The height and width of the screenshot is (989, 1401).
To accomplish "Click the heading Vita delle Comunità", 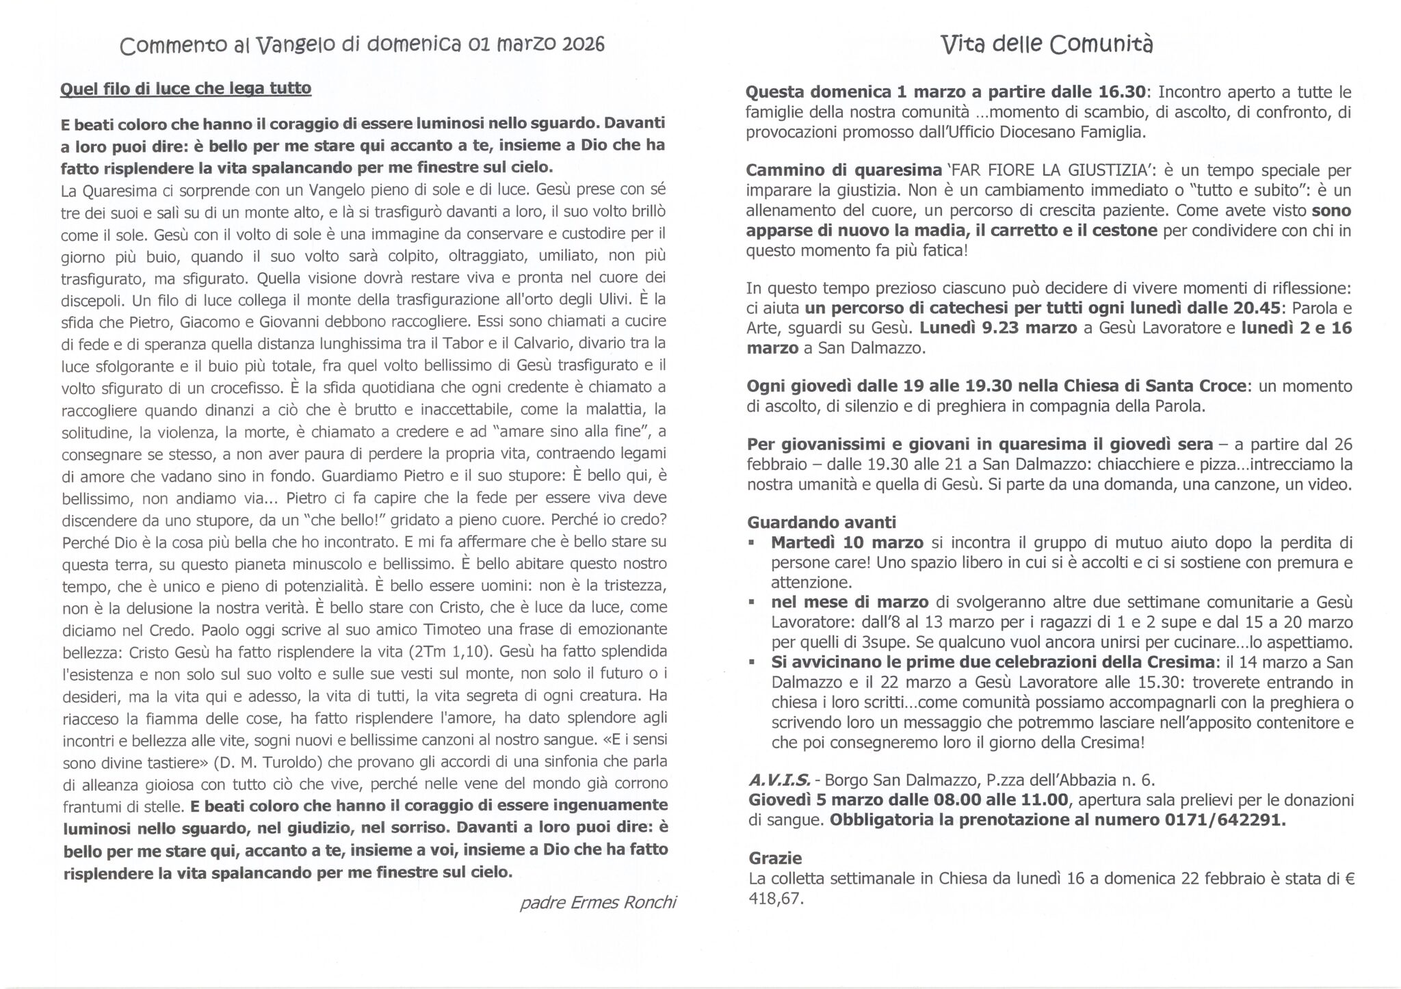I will click(x=1047, y=44).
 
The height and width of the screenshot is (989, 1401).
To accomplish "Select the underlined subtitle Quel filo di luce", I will click(x=185, y=89).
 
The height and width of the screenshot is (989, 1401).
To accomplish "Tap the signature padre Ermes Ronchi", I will click(x=598, y=903).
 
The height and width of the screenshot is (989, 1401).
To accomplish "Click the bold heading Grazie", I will click(x=775, y=858).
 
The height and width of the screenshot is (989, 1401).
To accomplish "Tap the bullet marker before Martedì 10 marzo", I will click(x=752, y=543).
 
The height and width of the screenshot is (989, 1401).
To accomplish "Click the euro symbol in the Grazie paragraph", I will click(x=1350, y=879).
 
